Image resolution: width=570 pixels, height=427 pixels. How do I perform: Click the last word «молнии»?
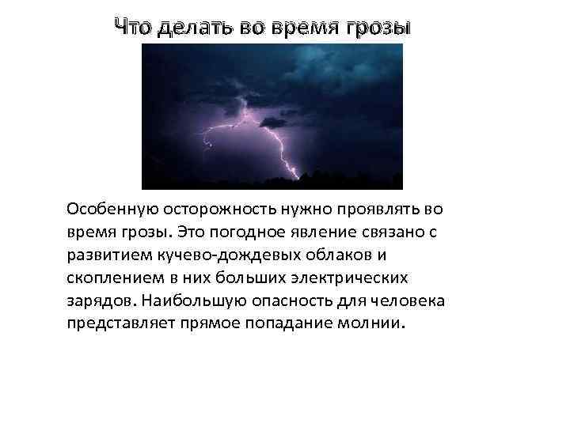pyautogui.click(x=376, y=324)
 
